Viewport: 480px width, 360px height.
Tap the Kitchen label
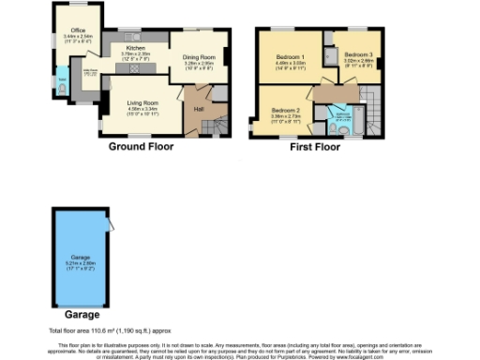(136, 46)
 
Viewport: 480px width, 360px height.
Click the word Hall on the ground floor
(199, 109)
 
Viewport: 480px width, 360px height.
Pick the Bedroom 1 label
(291, 58)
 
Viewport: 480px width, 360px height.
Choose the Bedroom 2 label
(285, 111)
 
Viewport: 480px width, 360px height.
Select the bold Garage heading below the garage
(71, 315)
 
